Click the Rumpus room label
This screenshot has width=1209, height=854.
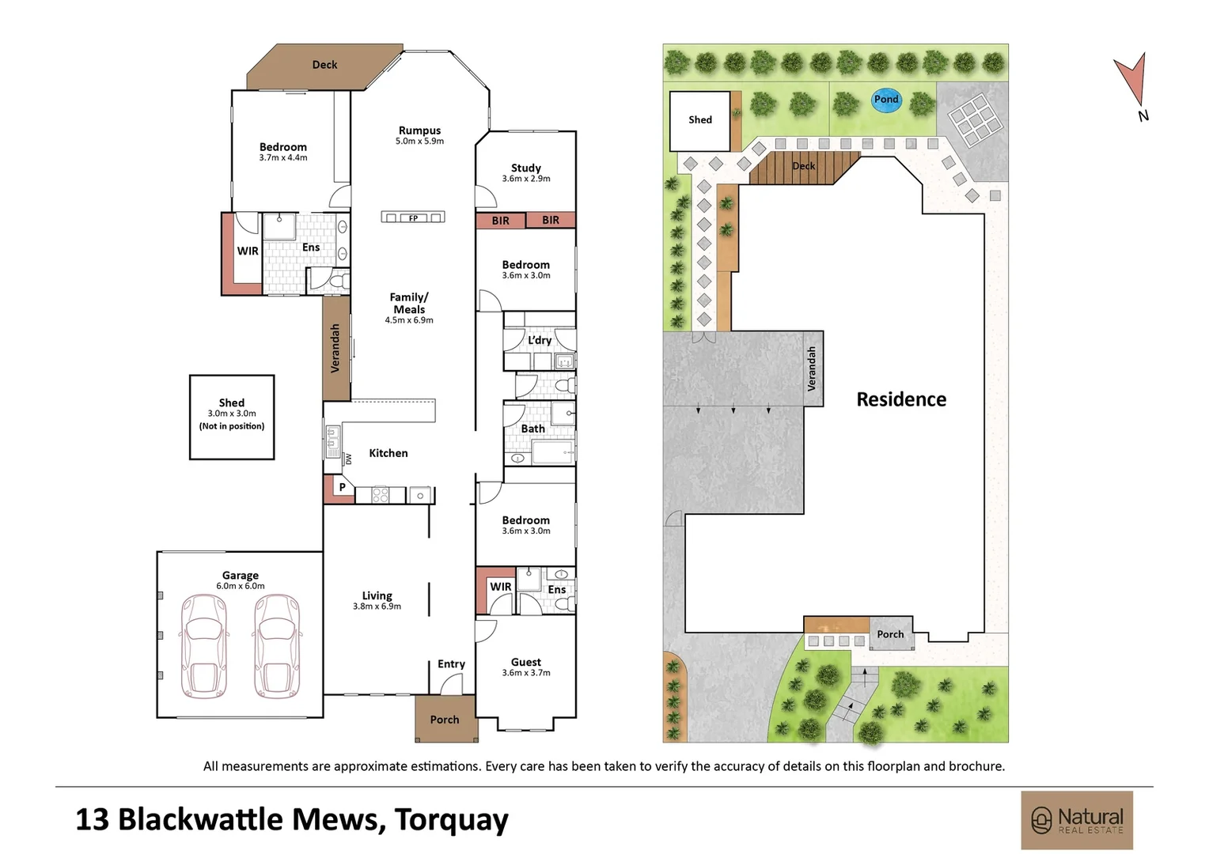pos(419,130)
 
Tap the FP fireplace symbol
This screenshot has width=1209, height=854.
pos(413,217)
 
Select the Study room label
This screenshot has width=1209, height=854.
pos(526,168)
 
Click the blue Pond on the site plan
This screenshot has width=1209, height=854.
pos(886,100)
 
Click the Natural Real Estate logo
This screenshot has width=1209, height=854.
pos(1077,820)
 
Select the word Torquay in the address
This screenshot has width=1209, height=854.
pos(451,819)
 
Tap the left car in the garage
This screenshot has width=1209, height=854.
pos(204,646)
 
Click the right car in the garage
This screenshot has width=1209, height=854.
pos(277,646)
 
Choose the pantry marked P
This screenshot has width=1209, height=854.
pos(342,487)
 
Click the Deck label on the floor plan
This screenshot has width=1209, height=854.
pos(324,65)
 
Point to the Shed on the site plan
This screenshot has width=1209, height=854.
pos(699,120)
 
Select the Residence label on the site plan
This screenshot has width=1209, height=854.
pos(901,399)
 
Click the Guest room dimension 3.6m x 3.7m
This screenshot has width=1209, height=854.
pos(526,673)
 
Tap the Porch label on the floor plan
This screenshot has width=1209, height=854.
pos(445,720)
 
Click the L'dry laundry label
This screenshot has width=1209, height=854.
pos(540,340)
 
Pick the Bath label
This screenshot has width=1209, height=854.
pos(532,429)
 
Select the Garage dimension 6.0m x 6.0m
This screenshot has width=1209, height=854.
pos(241,586)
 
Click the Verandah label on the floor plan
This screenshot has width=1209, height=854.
pos(335,348)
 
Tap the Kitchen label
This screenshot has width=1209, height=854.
pos(388,453)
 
